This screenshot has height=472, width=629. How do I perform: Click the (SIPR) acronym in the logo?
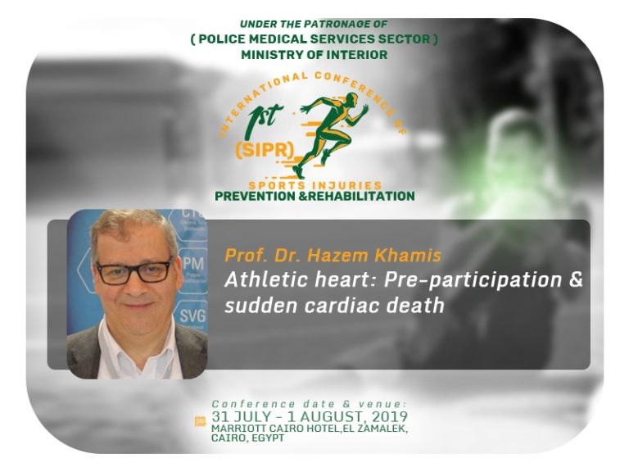point(265,150)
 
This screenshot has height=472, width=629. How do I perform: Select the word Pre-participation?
point(473,280)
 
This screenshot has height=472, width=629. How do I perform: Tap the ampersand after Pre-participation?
point(576,279)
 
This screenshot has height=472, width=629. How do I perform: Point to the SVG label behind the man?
point(192,315)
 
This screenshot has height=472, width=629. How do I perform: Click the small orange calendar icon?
point(200,421)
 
